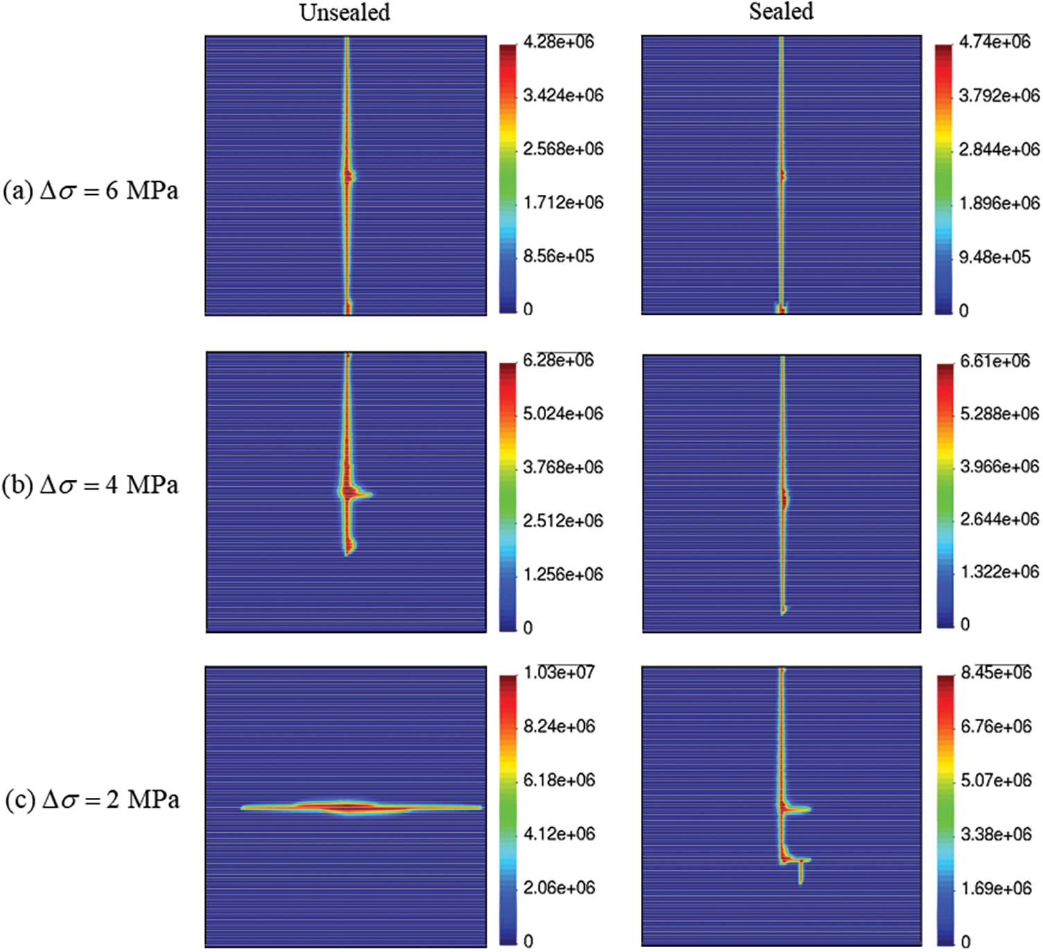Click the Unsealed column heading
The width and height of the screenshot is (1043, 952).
pos(344,12)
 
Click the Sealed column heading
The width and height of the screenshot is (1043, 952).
pos(781,12)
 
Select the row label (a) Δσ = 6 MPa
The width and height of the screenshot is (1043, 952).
pos(91,191)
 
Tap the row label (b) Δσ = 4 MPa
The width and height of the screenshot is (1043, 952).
pos(90,485)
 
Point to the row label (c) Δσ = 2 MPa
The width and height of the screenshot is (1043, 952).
pos(92,800)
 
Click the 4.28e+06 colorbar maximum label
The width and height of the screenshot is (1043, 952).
pos(559,42)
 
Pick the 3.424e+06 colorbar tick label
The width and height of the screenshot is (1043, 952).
pos(563,95)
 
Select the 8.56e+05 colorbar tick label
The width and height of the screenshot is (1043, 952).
pos(559,256)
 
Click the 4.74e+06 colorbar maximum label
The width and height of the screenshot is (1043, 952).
pos(994,42)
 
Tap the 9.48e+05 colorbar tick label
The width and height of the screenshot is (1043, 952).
pos(994,257)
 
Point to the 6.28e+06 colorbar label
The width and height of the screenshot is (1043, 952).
pos(559,360)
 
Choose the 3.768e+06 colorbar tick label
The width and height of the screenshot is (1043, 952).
pos(563,467)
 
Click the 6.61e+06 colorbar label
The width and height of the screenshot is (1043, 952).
pos(995,361)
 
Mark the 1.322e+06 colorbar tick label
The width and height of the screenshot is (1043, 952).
pos(999,572)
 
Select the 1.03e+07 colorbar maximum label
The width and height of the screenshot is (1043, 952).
pos(559,672)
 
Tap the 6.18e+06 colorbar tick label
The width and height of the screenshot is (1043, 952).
pos(559,780)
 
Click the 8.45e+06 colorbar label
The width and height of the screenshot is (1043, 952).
pos(996,672)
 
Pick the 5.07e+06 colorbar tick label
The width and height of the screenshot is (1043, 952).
pos(996,780)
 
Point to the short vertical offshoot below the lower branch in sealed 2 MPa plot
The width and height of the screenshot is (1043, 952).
pos(801,872)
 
